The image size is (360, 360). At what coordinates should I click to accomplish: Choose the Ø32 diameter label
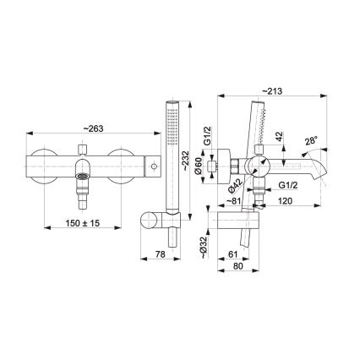pyautogui.click(x=202, y=246)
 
